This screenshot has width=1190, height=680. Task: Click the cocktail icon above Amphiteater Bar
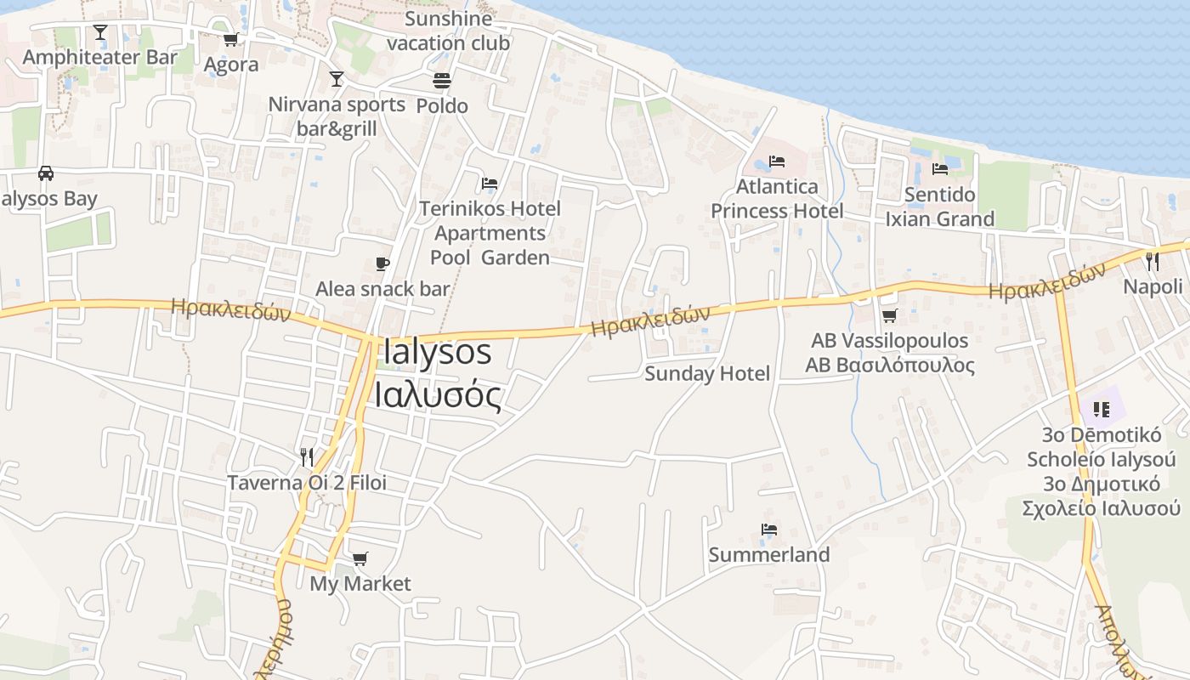click(100, 32)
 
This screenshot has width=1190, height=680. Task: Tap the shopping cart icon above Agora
click(230, 39)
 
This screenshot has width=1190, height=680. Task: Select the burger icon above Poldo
click(442, 81)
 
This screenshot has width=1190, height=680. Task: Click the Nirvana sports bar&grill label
click(337, 116)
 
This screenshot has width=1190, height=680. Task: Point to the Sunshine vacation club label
click(448, 31)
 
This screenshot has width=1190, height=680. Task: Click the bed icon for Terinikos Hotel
click(490, 183)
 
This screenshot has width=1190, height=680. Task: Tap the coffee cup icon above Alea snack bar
click(382, 263)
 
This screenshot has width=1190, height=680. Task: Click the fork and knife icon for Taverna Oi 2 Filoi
click(307, 457)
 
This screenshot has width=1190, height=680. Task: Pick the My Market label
click(360, 584)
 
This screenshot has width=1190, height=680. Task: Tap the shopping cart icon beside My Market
click(360, 558)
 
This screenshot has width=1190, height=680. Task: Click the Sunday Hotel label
click(707, 373)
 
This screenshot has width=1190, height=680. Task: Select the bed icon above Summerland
click(769, 530)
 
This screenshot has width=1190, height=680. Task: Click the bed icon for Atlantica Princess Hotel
click(777, 161)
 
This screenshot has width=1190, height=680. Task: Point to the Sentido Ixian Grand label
click(939, 207)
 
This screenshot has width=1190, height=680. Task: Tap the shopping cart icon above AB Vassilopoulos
click(889, 315)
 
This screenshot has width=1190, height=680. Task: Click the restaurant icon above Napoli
click(1153, 261)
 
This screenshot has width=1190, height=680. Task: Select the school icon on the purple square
click(1102, 410)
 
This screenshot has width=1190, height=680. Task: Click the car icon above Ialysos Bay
click(46, 173)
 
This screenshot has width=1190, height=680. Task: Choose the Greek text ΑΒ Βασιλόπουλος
click(890, 365)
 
